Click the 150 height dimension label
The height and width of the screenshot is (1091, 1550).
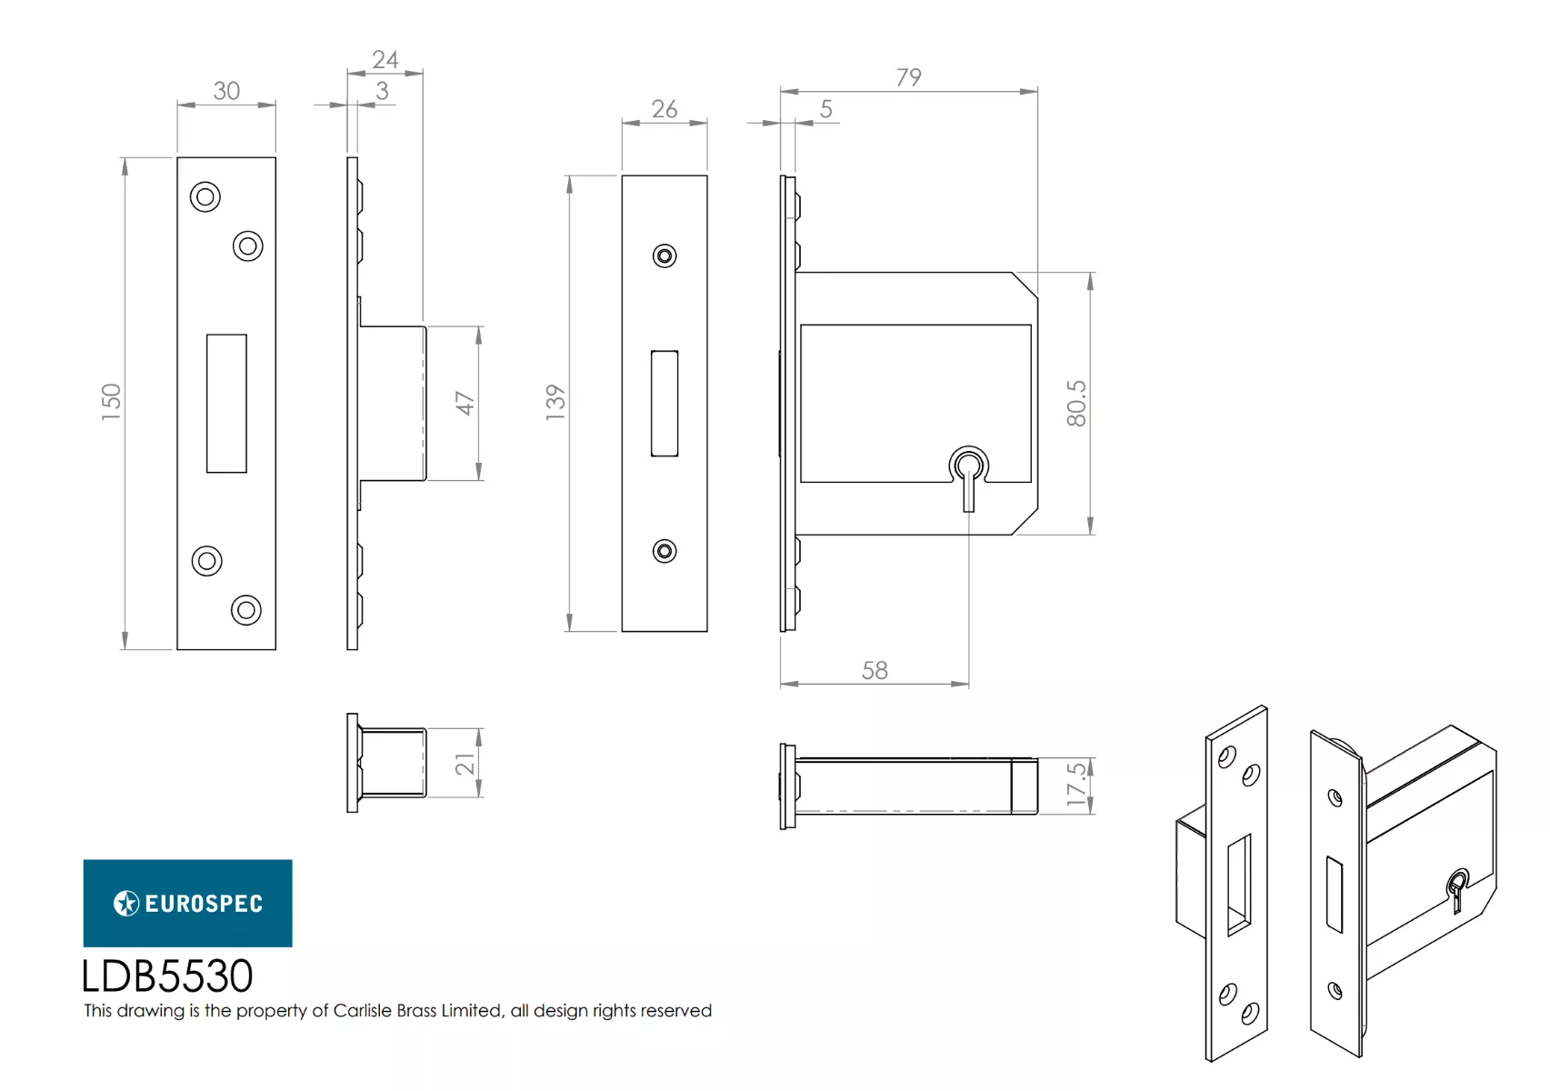(x=111, y=402)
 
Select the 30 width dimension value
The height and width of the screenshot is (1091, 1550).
(x=226, y=91)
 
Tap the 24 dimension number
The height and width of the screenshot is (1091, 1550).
(x=385, y=59)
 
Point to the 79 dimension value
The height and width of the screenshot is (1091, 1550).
(x=908, y=76)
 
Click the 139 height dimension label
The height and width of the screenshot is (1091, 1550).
(x=555, y=402)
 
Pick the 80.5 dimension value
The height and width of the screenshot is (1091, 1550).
(x=1076, y=403)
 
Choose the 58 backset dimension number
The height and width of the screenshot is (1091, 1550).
(x=875, y=670)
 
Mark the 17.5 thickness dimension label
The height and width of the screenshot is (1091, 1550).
(x=1076, y=785)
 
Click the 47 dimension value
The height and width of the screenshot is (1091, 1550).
(x=465, y=403)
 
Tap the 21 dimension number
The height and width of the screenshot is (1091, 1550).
(x=465, y=764)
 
